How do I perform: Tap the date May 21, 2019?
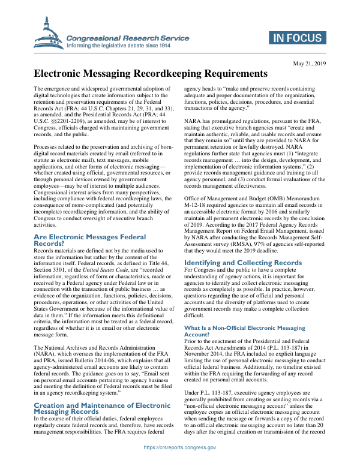309,63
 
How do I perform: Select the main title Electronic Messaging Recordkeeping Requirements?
151,74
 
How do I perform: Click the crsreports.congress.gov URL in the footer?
180,447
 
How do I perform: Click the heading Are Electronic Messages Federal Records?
89,240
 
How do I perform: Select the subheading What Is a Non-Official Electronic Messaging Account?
244,331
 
